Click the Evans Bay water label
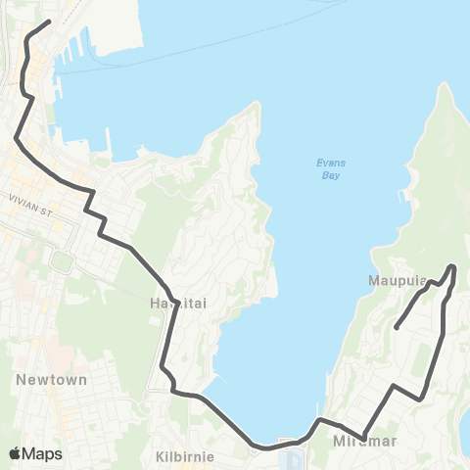pyautogui.click(x=330, y=169)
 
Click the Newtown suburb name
pyautogui.click(x=52, y=379)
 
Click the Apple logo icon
pyautogui.click(x=15, y=453)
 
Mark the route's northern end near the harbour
pyautogui.click(x=49, y=21)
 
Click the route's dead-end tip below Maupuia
pyautogui.click(x=396, y=327)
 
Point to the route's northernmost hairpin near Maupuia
pyautogui.click(x=452, y=266)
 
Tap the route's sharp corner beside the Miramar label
pyautogui.click(x=362, y=437)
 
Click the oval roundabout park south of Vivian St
pyautogui.click(x=61, y=261)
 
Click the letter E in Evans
pyautogui.click(x=318, y=163)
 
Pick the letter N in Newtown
pyautogui.click(x=21, y=379)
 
